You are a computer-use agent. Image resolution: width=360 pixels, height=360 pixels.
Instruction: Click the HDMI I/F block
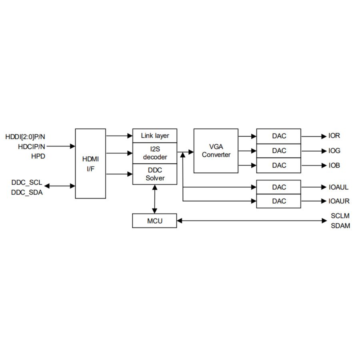click(x=90, y=163)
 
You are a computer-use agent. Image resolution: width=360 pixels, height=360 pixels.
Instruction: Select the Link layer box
click(x=155, y=136)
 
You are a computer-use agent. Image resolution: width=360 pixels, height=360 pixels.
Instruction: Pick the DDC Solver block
click(x=155, y=174)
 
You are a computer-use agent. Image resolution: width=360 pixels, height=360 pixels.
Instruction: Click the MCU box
click(x=154, y=220)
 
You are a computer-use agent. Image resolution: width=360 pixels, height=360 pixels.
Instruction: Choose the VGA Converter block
click(x=216, y=151)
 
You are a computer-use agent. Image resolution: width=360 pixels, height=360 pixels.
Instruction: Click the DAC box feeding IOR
click(x=279, y=136)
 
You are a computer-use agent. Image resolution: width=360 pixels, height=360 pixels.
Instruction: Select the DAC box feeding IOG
click(x=279, y=151)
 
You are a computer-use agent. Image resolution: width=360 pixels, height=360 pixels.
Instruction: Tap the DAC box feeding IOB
click(x=279, y=165)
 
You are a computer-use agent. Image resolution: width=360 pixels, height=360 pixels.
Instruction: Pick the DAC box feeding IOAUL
click(x=279, y=187)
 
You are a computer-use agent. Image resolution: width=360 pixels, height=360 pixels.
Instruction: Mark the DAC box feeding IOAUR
click(x=279, y=201)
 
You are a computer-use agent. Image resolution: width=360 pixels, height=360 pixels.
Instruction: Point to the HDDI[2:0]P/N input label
click(x=26, y=136)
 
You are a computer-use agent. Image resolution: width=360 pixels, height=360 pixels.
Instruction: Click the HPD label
click(x=38, y=156)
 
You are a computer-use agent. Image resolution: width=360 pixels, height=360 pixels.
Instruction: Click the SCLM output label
click(x=340, y=216)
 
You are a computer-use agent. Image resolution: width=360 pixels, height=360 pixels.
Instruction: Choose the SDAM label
click(x=340, y=226)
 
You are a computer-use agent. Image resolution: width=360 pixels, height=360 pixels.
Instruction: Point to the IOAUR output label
click(x=339, y=201)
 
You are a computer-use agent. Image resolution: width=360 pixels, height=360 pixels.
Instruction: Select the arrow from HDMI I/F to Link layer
click(x=119, y=136)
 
